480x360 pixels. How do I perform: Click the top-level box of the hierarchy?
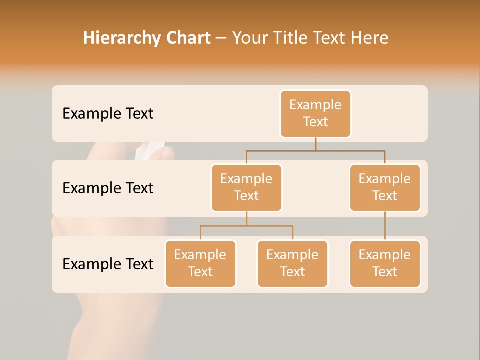pos(315,114)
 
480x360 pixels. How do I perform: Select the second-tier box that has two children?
pos(246,188)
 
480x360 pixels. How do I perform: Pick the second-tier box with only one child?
pos(385,188)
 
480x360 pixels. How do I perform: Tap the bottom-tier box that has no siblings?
pos(385,264)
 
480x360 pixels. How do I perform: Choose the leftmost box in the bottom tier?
pos(200,264)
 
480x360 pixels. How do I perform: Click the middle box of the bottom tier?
pos(292,264)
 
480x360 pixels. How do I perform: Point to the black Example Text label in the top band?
pos(108,114)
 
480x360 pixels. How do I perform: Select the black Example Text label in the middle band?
pos(108,188)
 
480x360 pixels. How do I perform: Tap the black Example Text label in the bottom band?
pos(108,264)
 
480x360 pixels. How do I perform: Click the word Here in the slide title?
pos(370,38)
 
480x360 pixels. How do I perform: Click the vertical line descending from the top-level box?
pos(315,144)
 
